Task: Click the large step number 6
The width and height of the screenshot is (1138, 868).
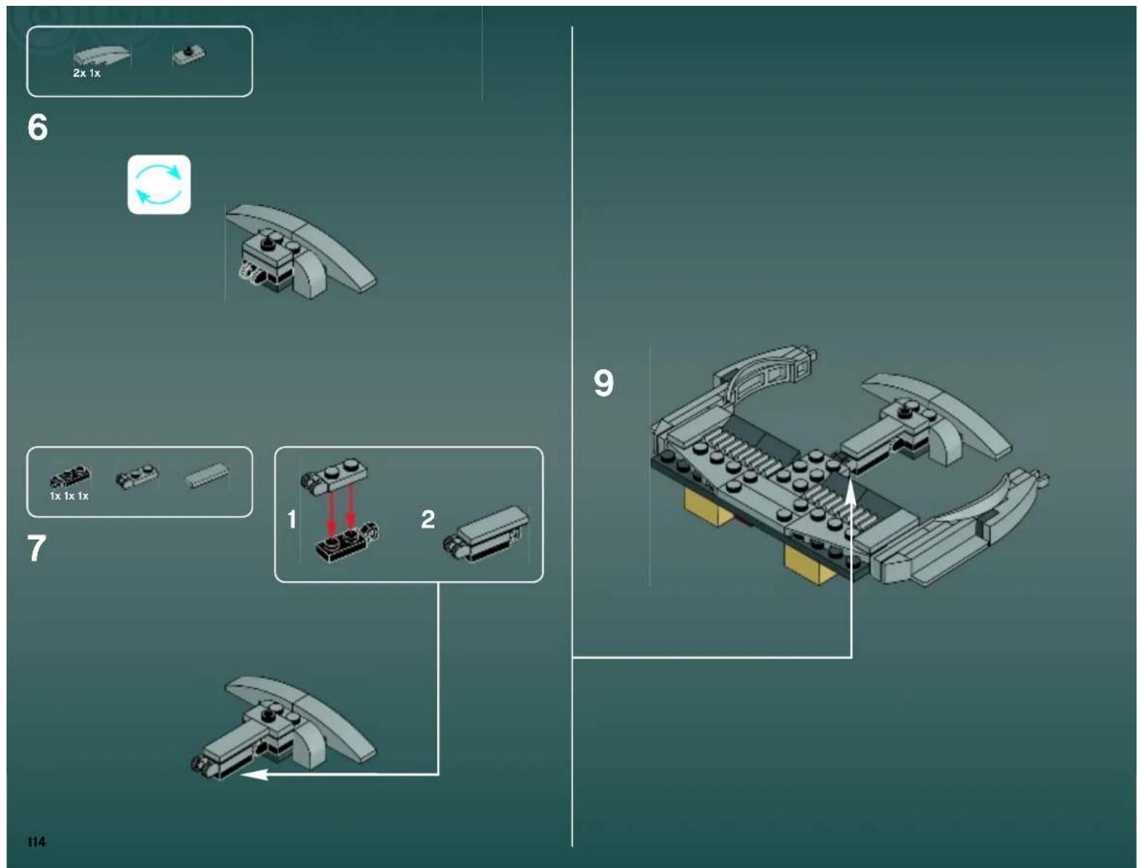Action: [37, 127]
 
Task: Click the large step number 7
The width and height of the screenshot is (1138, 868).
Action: [36, 548]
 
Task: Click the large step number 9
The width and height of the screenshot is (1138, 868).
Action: [604, 383]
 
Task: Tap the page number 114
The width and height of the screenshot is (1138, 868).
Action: [36, 842]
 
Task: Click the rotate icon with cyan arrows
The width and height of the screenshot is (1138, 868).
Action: [159, 185]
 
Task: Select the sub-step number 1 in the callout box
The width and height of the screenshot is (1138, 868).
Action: [292, 519]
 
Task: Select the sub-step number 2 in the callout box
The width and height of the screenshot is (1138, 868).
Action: [428, 519]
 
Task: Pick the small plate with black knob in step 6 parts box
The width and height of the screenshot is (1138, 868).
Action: [189, 55]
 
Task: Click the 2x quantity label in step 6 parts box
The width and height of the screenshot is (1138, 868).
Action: [79, 73]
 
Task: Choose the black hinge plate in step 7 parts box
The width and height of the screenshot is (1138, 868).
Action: [70, 477]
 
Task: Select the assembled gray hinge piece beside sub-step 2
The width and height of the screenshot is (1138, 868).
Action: [486, 535]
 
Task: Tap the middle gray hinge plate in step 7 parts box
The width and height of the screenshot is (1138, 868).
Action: [137, 476]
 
